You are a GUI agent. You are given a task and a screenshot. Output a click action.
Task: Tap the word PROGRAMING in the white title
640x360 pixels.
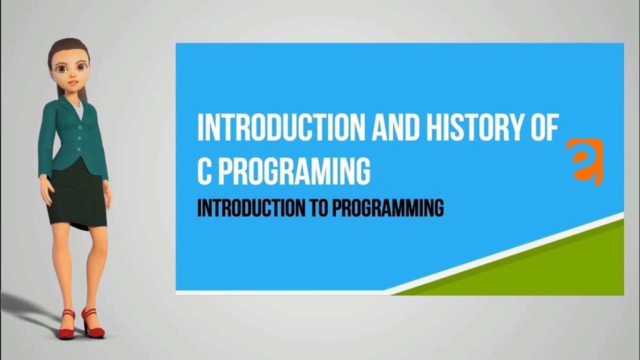point(294,171)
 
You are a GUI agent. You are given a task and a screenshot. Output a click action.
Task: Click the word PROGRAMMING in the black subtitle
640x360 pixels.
point(387,208)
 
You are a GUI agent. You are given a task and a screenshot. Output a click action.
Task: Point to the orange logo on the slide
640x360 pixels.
point(584,161)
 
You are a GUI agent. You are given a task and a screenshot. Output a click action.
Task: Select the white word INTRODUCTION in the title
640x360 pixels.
point(280,128)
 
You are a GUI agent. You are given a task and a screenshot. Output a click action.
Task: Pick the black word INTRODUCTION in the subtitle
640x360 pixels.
point(247,208)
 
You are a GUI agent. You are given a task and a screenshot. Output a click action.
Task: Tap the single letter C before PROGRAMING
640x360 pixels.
point(204,171)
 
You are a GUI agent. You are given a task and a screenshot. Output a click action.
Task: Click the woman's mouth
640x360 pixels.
point(73,82)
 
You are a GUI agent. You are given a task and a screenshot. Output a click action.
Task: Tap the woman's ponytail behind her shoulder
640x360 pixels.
point(61,90)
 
